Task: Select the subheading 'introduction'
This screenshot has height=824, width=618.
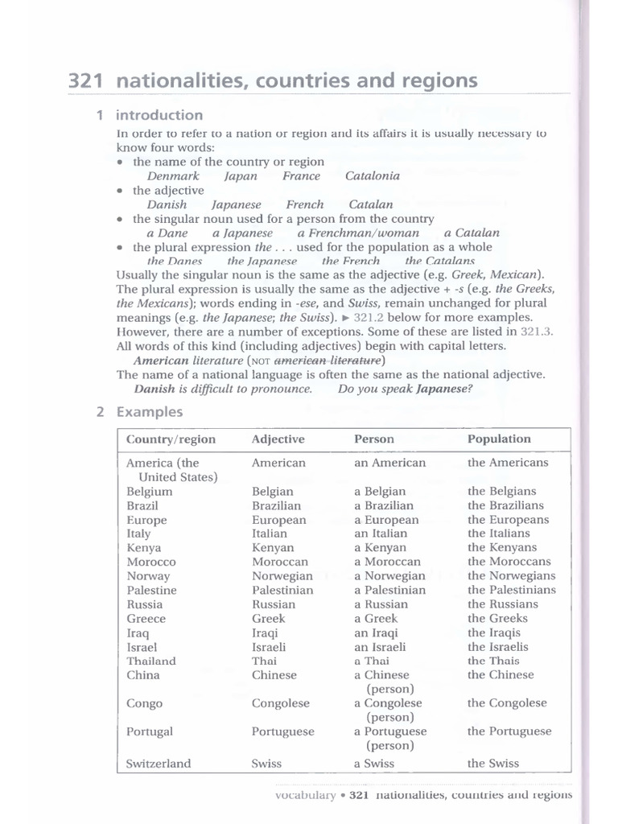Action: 159,115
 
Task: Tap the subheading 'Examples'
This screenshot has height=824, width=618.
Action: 150,412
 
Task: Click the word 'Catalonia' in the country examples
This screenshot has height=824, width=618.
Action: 372,176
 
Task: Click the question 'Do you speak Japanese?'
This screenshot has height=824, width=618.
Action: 405,389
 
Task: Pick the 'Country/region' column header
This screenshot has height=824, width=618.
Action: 171,439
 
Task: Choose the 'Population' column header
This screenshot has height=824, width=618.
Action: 499,439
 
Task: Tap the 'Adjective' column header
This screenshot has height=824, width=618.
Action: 278,439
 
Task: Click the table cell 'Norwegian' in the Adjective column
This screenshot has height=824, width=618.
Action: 282,576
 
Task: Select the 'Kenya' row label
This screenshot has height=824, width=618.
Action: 144,548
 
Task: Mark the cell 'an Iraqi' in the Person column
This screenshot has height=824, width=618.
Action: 377,633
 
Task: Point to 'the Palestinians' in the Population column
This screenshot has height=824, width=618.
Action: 511,590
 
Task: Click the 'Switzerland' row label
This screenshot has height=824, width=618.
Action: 159,764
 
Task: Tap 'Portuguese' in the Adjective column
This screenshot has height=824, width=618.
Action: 282,732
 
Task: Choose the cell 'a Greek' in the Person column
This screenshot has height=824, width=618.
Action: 375,619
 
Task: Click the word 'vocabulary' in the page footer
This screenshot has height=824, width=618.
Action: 305,794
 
